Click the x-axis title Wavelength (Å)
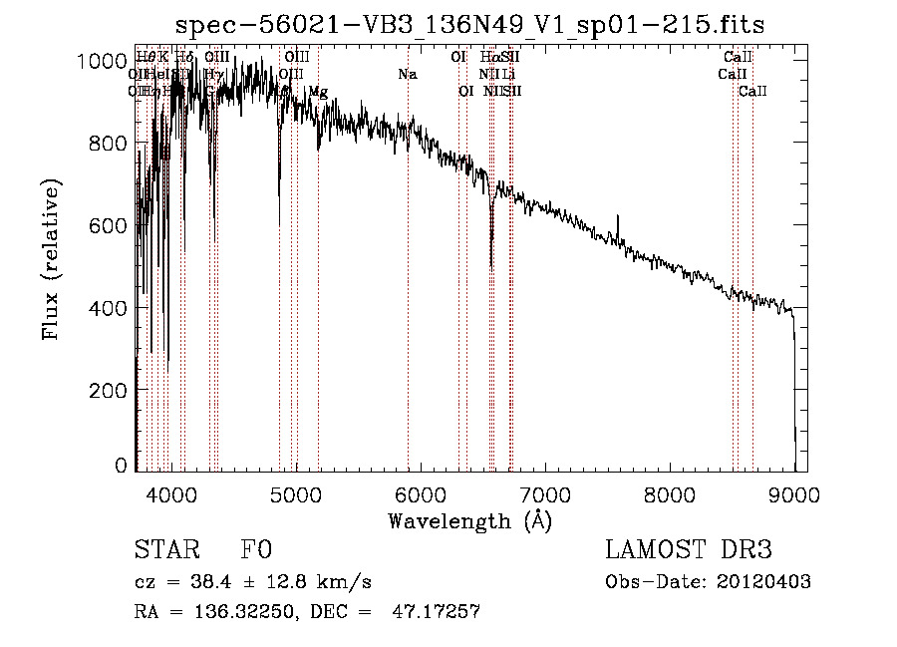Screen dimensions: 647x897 [469, 520]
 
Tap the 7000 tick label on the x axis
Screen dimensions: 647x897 [545, 492]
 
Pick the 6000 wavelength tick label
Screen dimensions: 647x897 [420, 492]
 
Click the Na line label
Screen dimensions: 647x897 [407, 75]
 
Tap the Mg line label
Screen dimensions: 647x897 [317, 92]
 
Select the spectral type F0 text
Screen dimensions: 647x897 [256, 550]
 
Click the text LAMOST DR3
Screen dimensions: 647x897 [689, 550]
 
